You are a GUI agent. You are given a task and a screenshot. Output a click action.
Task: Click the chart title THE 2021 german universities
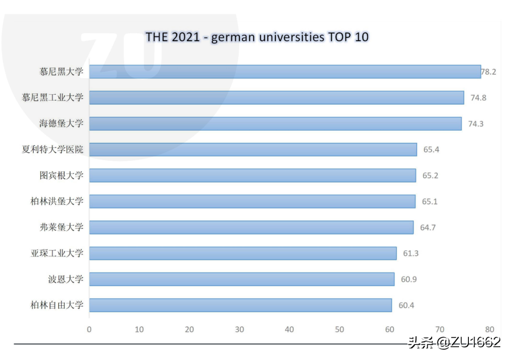point(256,37)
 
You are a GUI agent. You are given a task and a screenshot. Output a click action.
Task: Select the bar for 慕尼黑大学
point(285,72)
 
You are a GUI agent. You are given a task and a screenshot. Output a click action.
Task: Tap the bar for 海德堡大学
point(275,124)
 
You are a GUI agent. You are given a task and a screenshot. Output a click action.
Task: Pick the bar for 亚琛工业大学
point(243,254)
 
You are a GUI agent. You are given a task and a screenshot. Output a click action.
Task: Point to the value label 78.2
point(488,72)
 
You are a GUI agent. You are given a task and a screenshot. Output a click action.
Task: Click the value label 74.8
point(478,98)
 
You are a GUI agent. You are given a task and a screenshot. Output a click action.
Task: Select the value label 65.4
point(431,150)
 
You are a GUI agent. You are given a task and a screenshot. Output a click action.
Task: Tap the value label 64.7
point(428,228)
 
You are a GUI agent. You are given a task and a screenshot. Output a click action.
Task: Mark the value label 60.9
point(409,280)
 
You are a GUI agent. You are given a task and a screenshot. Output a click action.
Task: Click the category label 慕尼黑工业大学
point(53,98)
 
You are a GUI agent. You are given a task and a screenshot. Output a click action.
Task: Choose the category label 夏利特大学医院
point(53,150)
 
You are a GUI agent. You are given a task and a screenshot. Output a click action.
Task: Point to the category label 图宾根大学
point(61,176)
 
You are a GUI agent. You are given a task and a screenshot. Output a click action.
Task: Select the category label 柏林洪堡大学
point(57,202)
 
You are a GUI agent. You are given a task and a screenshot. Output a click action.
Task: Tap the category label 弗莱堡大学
point(61,228)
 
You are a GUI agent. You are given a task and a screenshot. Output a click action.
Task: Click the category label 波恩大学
point(65,280)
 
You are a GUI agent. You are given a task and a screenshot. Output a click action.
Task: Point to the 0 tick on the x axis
point(89,330)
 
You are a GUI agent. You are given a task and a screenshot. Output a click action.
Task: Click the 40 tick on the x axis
point(290,330)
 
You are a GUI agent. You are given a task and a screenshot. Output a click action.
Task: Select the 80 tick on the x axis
point(489,330)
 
